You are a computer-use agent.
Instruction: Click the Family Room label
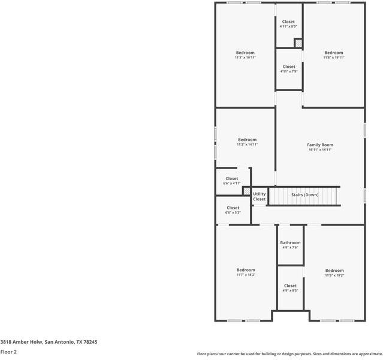coord(320,145)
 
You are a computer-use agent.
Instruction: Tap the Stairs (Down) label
coord(304,195)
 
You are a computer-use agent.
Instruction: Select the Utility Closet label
coord(259,196)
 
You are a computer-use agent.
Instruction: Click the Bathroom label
coord(290,243)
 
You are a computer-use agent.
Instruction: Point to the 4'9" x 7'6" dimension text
coord(290,248)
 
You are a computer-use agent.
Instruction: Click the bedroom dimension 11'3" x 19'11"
coord(245,58)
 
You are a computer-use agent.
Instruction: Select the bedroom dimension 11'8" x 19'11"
coord(334,58)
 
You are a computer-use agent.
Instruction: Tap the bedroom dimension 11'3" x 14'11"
coord(247,145)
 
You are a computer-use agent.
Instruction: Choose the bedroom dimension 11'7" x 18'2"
coord(246,275)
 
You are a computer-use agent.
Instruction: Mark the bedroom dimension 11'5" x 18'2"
coord(334,275)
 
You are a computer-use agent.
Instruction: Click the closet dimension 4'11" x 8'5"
coord(288,26)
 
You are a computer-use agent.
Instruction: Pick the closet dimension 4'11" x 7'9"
coord(289,71)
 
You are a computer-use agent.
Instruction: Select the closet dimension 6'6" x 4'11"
coord(232,184)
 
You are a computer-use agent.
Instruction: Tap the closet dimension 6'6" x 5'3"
coord(233,212)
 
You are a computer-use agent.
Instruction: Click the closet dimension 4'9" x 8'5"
coord(290,290)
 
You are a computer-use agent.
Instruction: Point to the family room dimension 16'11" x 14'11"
coord(320,150)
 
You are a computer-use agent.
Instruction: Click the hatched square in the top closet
coord(298,43)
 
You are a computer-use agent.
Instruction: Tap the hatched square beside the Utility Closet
coord(246,191)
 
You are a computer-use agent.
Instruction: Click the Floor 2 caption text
coord(8,352)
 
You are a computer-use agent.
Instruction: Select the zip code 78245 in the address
coord(90,341)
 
